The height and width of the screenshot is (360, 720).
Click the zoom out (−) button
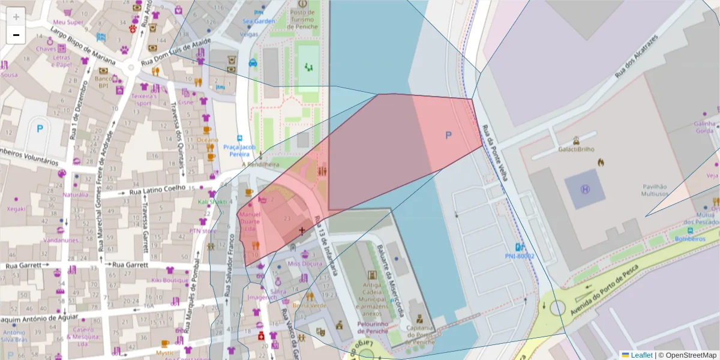tap(16, 35)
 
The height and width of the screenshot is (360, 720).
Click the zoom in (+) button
tap(16, 16)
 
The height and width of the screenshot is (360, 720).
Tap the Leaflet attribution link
tap(641, 355)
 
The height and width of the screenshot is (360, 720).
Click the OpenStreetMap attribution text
tap(688, 355)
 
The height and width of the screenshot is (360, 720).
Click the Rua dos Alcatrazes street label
tap(637, 57)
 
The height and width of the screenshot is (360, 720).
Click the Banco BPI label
tap(103, 82)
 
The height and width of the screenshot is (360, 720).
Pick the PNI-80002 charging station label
tap(519, 256)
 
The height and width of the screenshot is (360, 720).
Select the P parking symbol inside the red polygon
tap(448, 136)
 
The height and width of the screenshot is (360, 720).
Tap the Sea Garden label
tap(259, 21)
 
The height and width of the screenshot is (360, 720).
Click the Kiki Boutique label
tap(170, 280)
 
